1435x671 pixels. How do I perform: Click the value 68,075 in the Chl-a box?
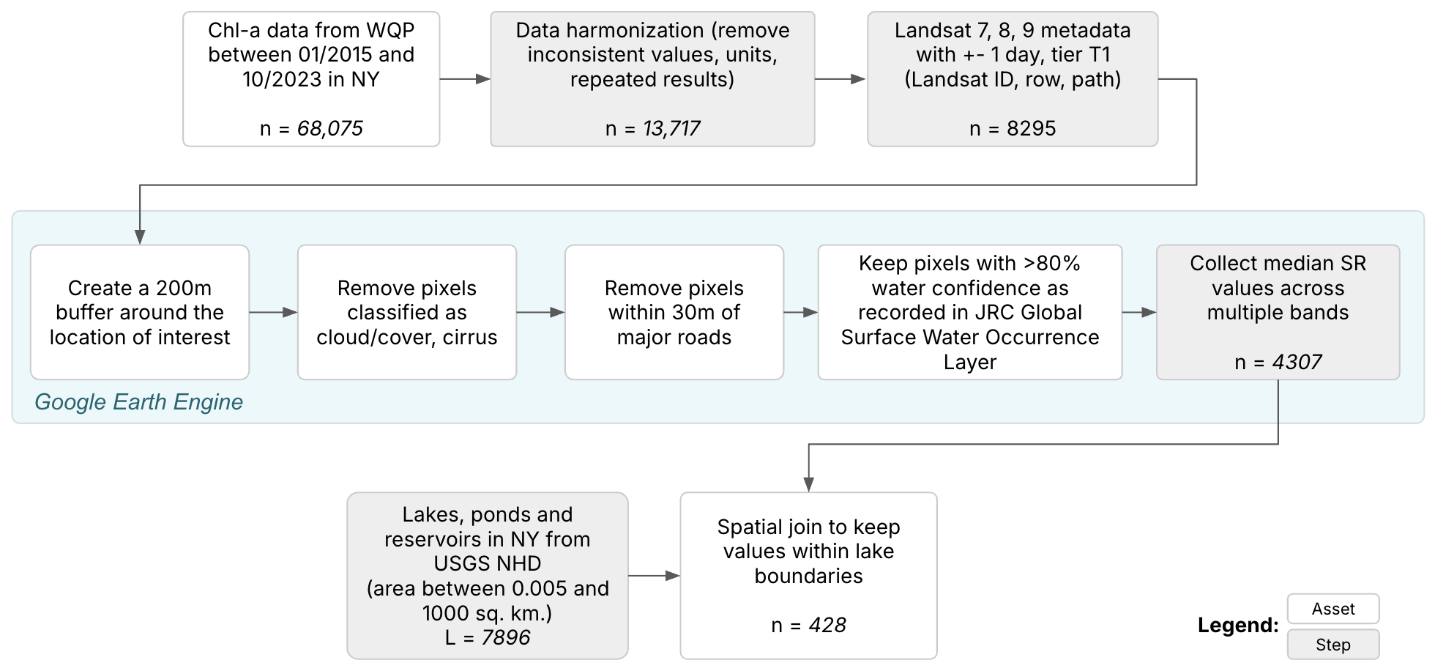click(329, 129)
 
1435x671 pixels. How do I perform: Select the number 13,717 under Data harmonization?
click(671, 129)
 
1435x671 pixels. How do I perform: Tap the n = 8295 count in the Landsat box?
click(1013, 129)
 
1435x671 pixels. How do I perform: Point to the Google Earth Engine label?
click(138, 402)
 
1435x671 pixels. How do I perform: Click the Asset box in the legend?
click(1332, 609)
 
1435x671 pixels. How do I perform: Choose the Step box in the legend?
click(1332, 645)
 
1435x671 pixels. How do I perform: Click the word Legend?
click(1237, 626)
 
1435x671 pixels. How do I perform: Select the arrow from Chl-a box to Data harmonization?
click(466, 79)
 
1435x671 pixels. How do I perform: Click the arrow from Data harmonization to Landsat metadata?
click(840, 79)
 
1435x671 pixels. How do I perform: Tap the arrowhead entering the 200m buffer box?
click(140, 237)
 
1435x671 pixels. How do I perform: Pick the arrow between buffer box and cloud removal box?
click(273, 313)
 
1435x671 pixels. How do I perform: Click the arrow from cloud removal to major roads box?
click(540, 313)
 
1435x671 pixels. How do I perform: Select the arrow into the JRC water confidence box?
click(800, 313)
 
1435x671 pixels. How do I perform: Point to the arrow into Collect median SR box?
click(1139, 313)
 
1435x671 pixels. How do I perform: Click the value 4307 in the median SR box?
click(1297, 363)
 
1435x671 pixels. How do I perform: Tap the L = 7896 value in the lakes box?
click(488, 638)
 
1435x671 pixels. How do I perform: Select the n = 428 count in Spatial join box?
click(808, 626)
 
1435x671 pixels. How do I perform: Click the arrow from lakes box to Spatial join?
click(654, 577)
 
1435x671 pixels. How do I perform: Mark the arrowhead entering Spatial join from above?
click(808, 484)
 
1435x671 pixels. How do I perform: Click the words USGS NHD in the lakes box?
click(488, 564)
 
